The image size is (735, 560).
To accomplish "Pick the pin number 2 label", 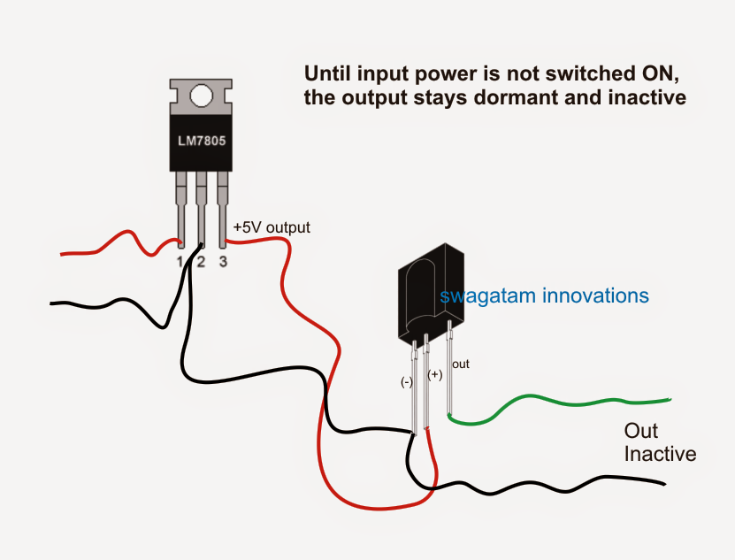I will pyautogui.click(x=201, y=262).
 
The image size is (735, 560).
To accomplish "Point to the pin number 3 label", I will pyautogui.click(x=223, y=262).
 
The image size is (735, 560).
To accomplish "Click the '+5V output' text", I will pyautogui.click(x=272, y=227).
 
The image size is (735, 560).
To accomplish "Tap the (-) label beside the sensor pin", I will pyautogui.click(x=406, y=382).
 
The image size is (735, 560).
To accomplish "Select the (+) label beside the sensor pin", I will pyautogui.click(x=434, y=375).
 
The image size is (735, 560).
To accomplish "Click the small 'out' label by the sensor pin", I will pyautogui.click(x=461, y=364).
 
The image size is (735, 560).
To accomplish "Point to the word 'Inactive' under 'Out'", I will pyautogui.click(x=660, y=455).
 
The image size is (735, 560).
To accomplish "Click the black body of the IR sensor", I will pyautogui.click(x=425, y=292).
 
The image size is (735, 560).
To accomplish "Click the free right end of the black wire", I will pyautogui.click(x=662, y=484).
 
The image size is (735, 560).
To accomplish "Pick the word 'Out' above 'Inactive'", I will pyautogui.click(x=641, y=432).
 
